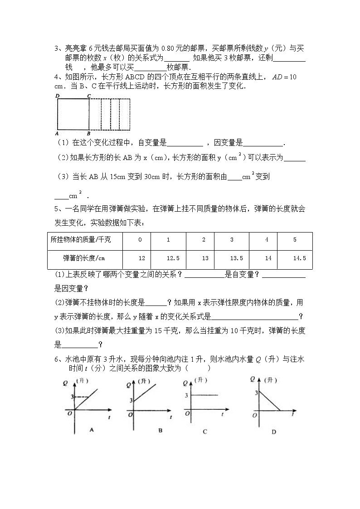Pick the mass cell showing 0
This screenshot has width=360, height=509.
tap(140, 240)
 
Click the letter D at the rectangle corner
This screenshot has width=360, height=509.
tap(57, 96)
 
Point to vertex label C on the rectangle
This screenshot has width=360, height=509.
tap(89, 96)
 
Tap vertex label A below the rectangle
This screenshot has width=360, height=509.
tap(57, 134)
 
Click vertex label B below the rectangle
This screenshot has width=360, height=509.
tap(88, 134)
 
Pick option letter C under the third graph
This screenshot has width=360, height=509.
tap(205, 431)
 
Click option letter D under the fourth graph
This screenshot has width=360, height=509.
tap(273, 431)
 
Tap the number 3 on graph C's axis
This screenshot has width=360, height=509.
tap(186, 395)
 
